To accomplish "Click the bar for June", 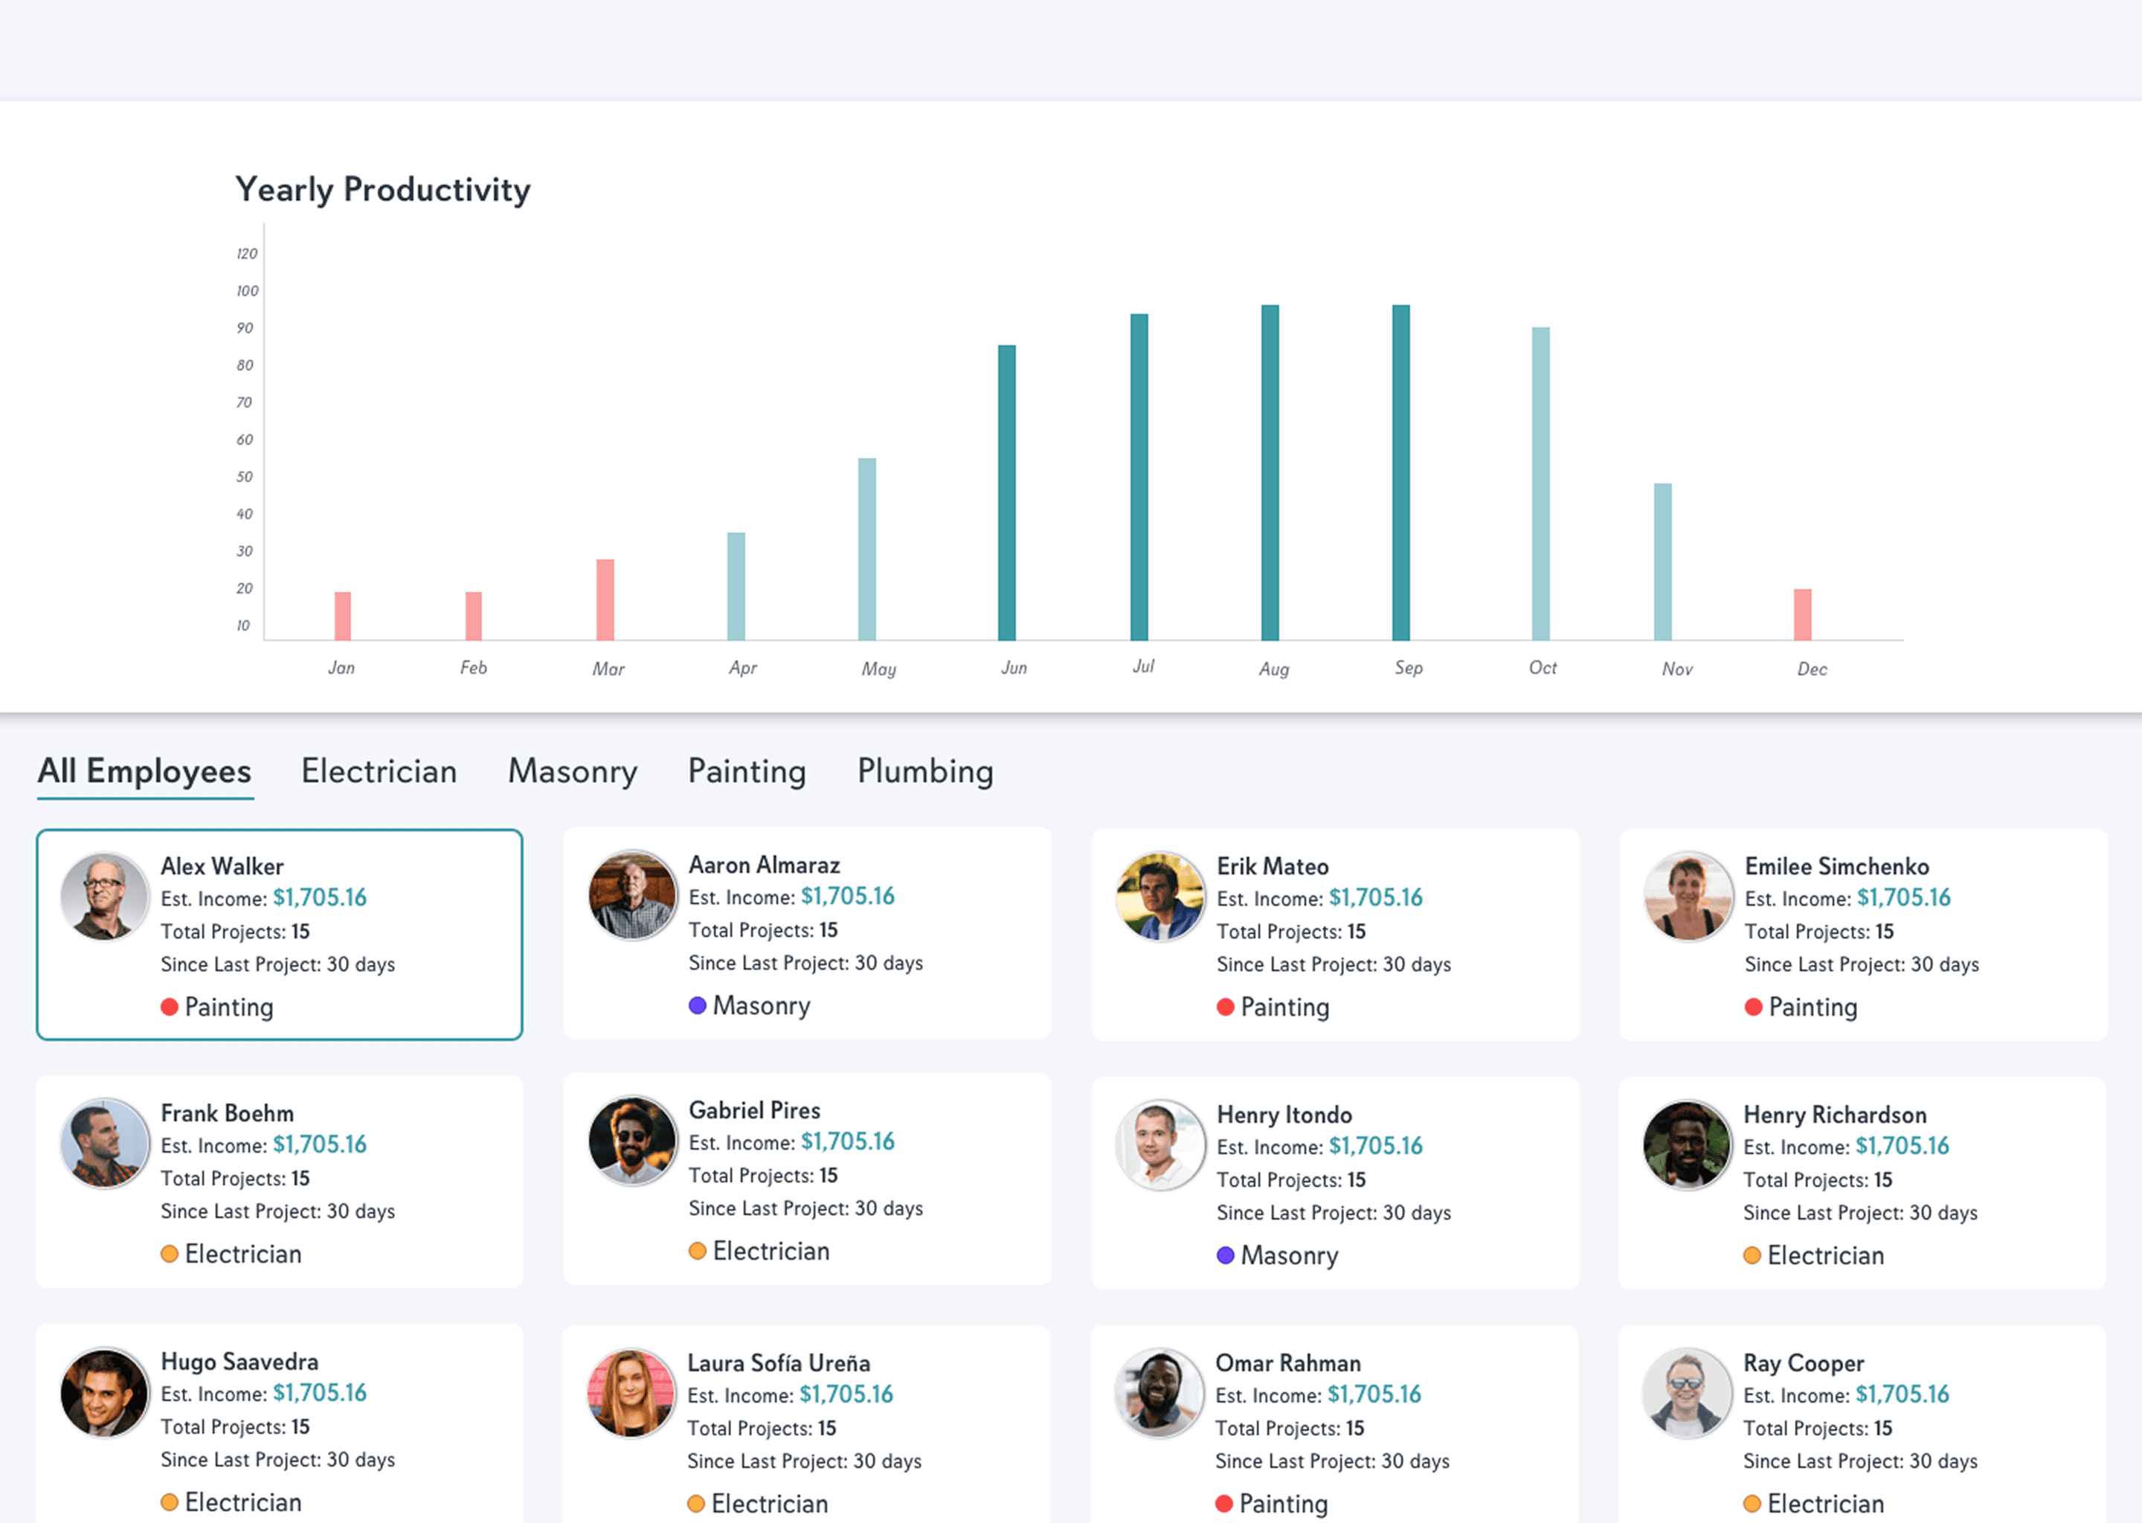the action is pyautogui.click(x=1006, y=492).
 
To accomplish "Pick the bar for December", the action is pyautogui.click(x=1803, y=614).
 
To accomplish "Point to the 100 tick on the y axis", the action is pyautogui.click(x=248, y=291).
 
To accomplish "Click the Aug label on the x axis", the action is pyautogui.click(x=1273, y=669).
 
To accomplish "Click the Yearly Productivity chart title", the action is pyautogui.click(x=382, y=190).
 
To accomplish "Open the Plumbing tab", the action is pyautogui.click(x=924, y=771).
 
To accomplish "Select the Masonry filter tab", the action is pyautogui.click(x=572, y=771).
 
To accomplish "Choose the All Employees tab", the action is pyautogui.click(x=144, y=771).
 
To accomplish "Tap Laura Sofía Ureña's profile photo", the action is pyautogui.click(x=631, y=1393).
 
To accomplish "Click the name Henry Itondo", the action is pyautogui.click(x=1284, y=1114).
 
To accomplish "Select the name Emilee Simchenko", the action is pyautogui.click(x=1836, y=866).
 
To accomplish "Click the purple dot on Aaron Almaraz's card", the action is pyautogui.click(x=697, y=1005).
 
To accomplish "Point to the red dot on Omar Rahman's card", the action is pyautogui.click(x=1224, y=1504).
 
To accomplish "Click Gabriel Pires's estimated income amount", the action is pyautogui.click(x=847, y=1142).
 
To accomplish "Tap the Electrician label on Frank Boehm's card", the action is pyautogui.click(x=243, y=1254).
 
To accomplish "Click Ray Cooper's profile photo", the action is pyautogui.click(x=1686, y=1393).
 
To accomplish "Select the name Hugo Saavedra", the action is pyautogui.click(x=239, y=1361).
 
